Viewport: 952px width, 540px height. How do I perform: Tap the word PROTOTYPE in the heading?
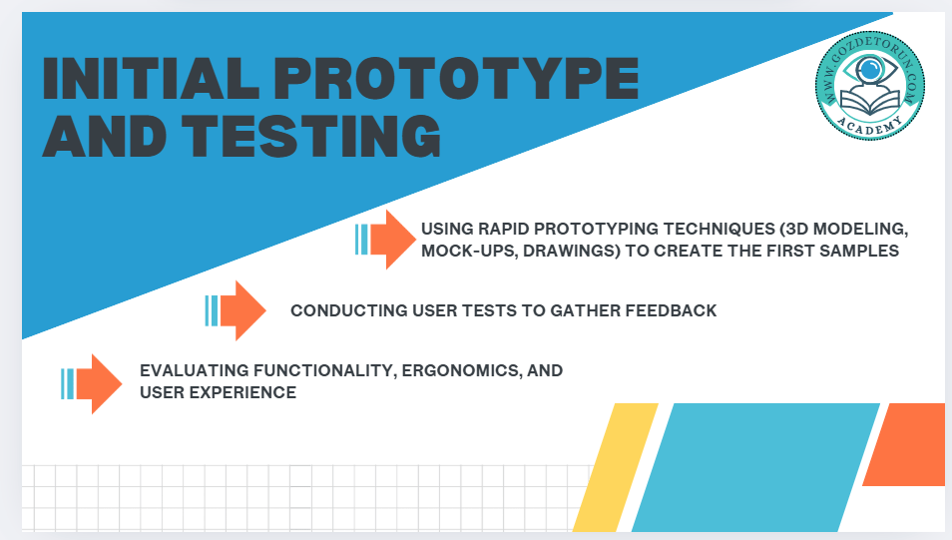[457, 79]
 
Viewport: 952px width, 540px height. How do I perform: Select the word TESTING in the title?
[311, 136]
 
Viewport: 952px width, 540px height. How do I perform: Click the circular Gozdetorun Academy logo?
[870, 85]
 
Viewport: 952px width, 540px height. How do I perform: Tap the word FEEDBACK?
[671, 310]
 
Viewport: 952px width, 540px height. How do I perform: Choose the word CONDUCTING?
[348, 310]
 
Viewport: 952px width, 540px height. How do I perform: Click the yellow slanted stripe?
[616, 467]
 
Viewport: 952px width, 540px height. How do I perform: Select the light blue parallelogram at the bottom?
[755, 467]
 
